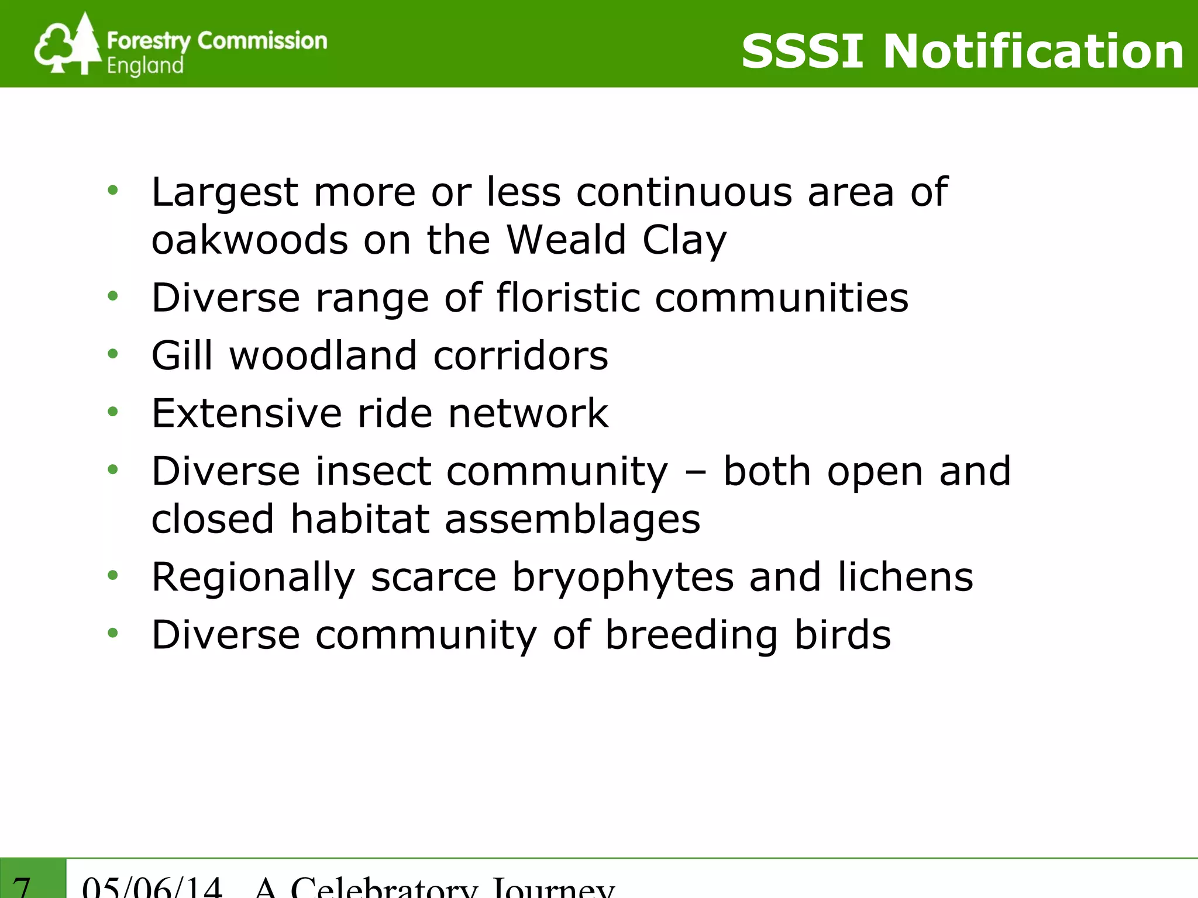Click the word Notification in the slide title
[x=1033, y=51]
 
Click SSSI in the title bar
[x=802, y=51]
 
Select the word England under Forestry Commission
[x=145, y=66]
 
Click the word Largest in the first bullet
[x=225, y=193]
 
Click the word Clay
[x=684, y=241]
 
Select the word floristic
[x=568, y=298]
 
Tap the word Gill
[x=182, y=355]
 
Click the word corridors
[x=521, y=355]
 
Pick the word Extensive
[x=246, y=413]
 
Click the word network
[x=528, y=413]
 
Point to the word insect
[x=373, y=471]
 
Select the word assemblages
[x=572, y=520]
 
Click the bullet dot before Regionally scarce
[x=113, y=576]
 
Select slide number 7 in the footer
[x=22, y=887]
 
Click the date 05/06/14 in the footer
[x=152, y=887]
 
